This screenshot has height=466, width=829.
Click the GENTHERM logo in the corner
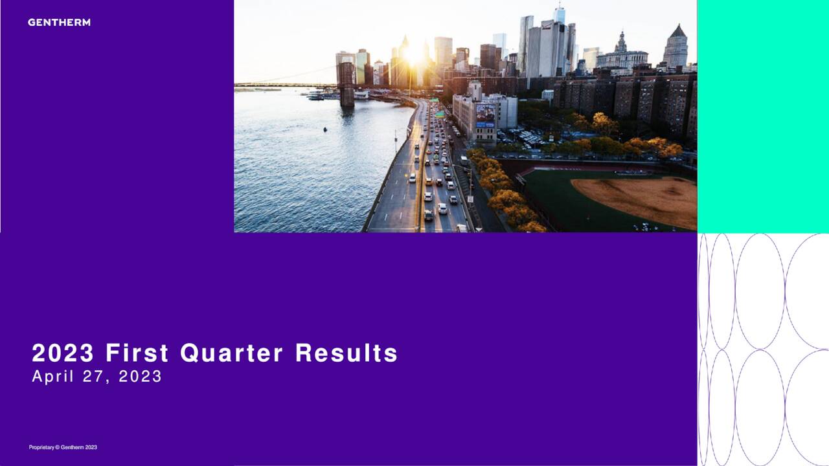click(x=59, y=23)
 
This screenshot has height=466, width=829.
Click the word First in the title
click(x=137, y=353)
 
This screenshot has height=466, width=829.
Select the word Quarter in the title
click(x=231, y=353)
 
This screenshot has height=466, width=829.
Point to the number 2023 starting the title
click(x=63, y=353)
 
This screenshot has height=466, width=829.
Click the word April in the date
click(x=52, y=377)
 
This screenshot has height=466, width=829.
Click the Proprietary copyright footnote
click(x=63, y=447)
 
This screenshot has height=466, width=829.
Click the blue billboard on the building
click(x=485, y=115)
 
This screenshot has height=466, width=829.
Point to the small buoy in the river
click(x=324, y=129)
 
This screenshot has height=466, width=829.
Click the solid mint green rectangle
click(x=763, y=116)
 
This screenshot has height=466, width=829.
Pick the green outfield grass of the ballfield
click(x=551, y=201)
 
